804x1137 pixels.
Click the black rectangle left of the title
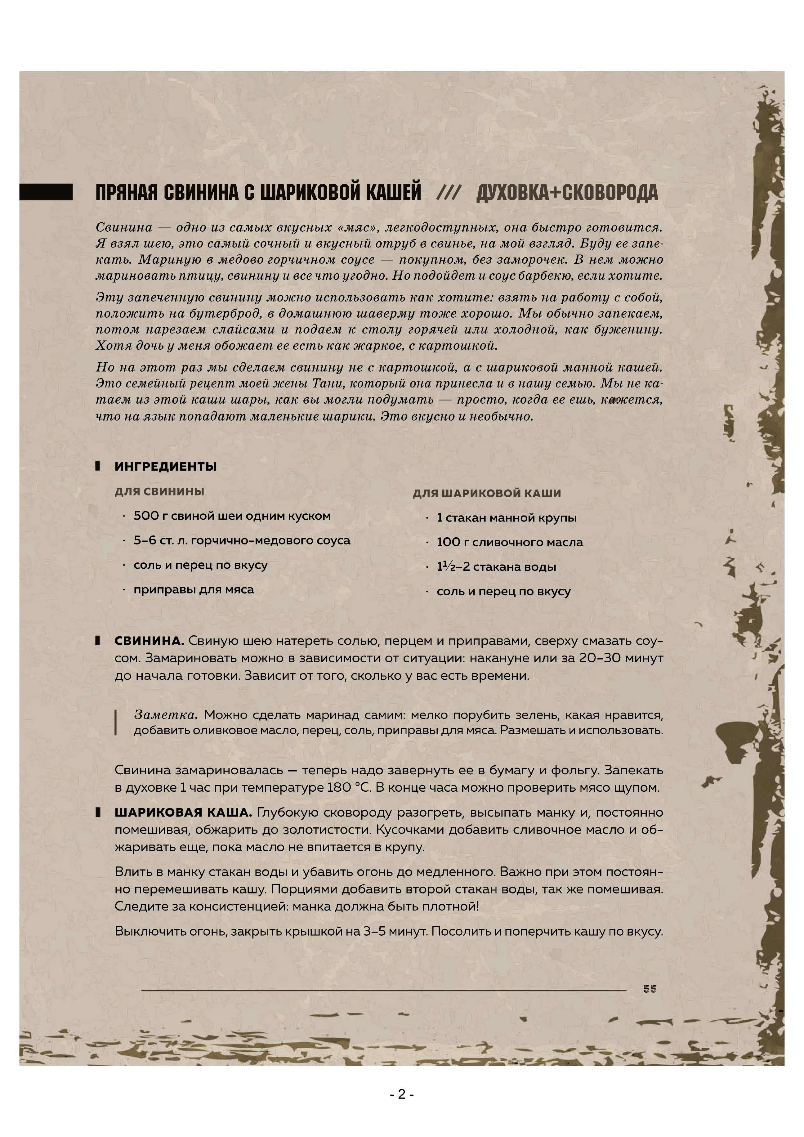tap(46, 192)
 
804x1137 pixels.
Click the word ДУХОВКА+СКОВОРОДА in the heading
tap(567, 193)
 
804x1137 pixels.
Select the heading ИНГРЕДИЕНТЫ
tap(165, 467)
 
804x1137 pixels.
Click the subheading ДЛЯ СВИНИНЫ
tap(159, 492)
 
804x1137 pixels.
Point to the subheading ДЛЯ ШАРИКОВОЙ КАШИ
tap(487, 493)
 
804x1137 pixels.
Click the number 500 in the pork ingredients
tap(146, 516)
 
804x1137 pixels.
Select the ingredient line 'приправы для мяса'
tap(194, 590)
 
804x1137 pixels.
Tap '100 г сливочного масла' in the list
tap(509, 542)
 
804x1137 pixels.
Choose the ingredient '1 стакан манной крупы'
tap(507, 518)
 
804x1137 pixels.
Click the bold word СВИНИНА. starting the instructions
tap(149, 641)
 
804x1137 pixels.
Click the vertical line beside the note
tap(116, 723)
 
